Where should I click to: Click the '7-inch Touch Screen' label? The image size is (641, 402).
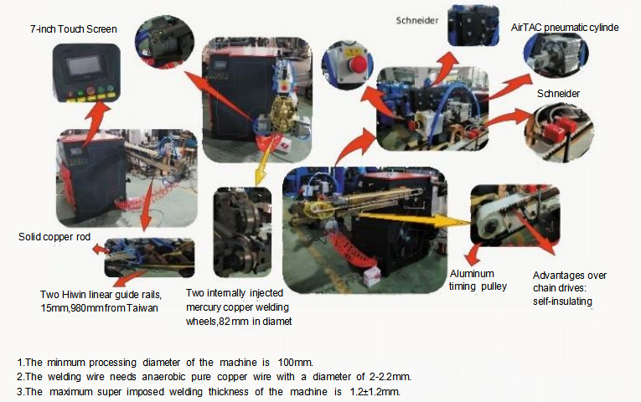pos(74,29)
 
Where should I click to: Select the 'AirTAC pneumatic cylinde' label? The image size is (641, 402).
pos(565,28)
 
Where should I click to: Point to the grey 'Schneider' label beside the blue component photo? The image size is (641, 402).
pos(417,20)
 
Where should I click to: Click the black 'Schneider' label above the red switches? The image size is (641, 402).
pos(558,94)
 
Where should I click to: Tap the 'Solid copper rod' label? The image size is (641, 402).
pos(54,237)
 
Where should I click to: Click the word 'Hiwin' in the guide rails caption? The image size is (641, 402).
pos(74,295)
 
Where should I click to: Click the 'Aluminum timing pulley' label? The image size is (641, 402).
pos(478,280)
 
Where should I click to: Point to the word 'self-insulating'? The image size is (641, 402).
pos(562,301)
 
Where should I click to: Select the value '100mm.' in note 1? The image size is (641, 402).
pos(295,363)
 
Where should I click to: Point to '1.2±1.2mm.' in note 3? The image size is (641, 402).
pos(375,392)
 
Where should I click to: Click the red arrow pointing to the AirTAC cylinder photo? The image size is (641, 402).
pos(509,86)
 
